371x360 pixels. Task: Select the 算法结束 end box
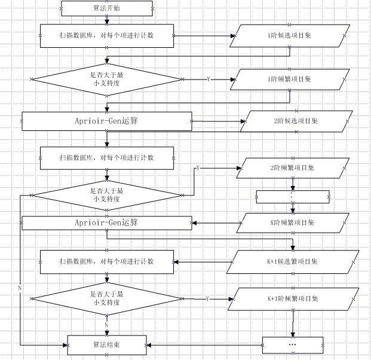pos(106,345)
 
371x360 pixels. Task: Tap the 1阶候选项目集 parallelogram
pos(288,35)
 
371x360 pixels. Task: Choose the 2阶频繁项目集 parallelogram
pos(293,168)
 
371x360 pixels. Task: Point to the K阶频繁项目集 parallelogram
pos(292,223)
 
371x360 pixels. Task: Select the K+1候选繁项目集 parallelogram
pos(294,261)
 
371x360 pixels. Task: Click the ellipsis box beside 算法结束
pos(293,345)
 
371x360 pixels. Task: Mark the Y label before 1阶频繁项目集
pos(208,79)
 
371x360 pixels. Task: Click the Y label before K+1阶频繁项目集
pos(207,298)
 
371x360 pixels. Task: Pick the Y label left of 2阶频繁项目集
pos(198,168)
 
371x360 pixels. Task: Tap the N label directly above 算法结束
pos(106,325)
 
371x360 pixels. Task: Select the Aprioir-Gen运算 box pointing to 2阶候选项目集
pos(106,121)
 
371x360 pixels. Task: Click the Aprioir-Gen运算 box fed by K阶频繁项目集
pos(106,223)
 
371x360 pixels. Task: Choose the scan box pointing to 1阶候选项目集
pos(106,35)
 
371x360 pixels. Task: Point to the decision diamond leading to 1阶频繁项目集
pos(106,79)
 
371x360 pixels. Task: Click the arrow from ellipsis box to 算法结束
pos(203,345)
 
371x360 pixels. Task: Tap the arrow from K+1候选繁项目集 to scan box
pos(203,261)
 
